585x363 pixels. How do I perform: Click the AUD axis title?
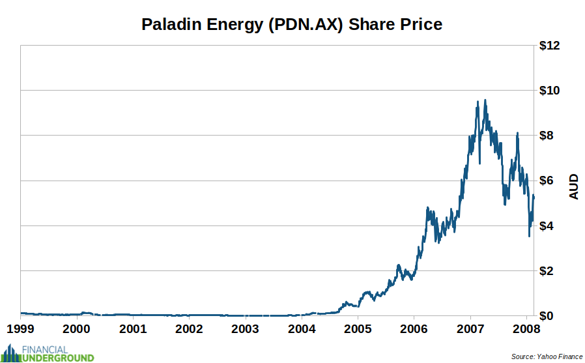pyautogui.click(x=574, y=186)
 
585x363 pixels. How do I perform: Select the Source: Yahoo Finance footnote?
pyautogui.click(x=547, y=356)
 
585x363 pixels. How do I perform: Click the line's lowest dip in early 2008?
pyautogui.click(x=529, y=235)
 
